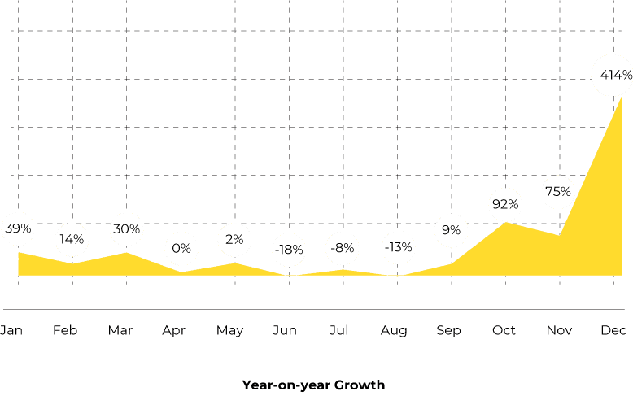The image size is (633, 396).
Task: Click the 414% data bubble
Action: click(x=615, y=75)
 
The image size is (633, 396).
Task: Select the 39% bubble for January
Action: click(x=18, y=229)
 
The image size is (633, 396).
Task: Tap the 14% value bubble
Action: click(x=72, y=239)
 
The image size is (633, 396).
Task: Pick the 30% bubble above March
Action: click(x=126, y=229)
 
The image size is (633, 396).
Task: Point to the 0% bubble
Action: click(x=181, y=248)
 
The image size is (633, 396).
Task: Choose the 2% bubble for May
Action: click(x=234, y=239)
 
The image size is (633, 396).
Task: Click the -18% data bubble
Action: click(x=288, y=250)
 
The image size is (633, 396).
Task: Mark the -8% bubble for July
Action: click(x=342, y=247)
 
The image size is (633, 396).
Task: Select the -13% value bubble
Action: click(x=397, y=247)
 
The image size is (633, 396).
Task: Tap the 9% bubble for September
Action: click(x=451, y=230)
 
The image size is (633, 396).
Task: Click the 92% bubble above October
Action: click(x=504, y=204)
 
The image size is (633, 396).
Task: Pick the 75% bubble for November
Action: click(x=558, y=192)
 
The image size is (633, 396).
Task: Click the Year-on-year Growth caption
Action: click(x=313, y=385)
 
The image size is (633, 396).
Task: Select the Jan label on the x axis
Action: click(x=11, y=330)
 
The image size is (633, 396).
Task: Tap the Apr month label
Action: click(x=174, y=330)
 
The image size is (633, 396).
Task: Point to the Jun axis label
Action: click(x=284, y=330)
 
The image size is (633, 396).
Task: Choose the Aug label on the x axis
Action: click(x=394, y=330)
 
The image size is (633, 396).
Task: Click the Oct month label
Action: click(x=504, y=330)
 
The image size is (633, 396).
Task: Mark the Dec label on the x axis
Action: click(x=613, y=330)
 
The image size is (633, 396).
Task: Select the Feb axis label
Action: click(x=65, y=330)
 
